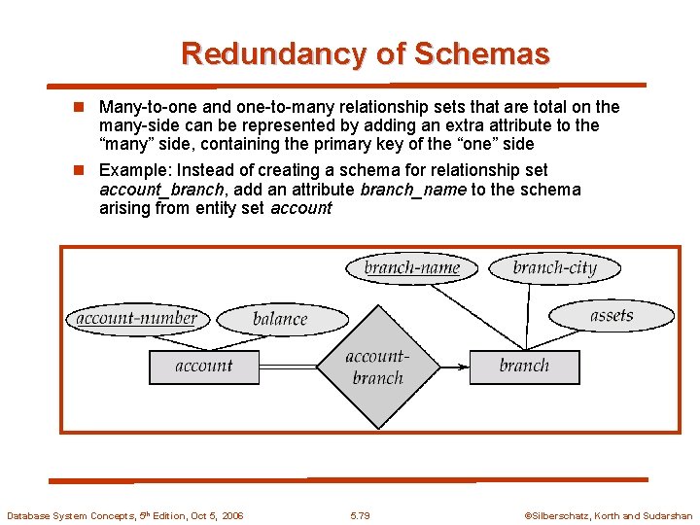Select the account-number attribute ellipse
136,318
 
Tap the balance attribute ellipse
279,319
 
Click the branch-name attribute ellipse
411,267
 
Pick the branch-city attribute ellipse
554,267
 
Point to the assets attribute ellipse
611,315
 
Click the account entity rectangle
203,367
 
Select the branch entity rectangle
524,367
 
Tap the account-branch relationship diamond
377,367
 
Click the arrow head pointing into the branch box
464,367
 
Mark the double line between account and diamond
288,367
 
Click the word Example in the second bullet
131,170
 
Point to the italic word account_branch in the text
161,190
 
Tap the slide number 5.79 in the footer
360,515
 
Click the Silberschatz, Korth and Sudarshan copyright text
609,515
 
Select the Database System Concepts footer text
124,515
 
